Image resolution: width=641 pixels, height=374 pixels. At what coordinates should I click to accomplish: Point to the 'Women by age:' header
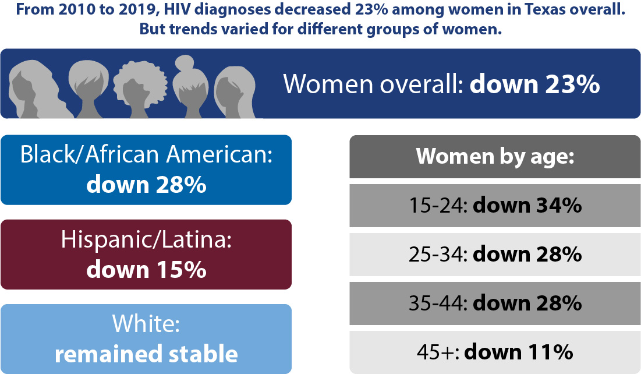[494, 156]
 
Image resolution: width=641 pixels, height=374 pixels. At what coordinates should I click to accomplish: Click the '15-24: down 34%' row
[494, 206]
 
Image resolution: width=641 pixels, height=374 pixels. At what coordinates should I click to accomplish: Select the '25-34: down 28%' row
[494, 255]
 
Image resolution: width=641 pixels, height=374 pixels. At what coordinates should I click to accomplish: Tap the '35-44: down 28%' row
[494, 304]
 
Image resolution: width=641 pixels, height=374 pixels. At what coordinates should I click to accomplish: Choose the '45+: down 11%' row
[494, 352]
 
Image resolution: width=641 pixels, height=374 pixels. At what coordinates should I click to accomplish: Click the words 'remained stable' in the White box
[146, 353]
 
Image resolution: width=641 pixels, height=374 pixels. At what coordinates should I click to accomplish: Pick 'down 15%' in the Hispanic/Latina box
[146, 269]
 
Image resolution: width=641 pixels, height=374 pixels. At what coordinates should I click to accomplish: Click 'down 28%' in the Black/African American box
[146, 185]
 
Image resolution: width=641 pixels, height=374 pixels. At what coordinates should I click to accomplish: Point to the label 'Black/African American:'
[146, 156]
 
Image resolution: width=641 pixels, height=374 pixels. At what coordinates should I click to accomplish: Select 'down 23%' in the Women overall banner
[534, 84]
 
